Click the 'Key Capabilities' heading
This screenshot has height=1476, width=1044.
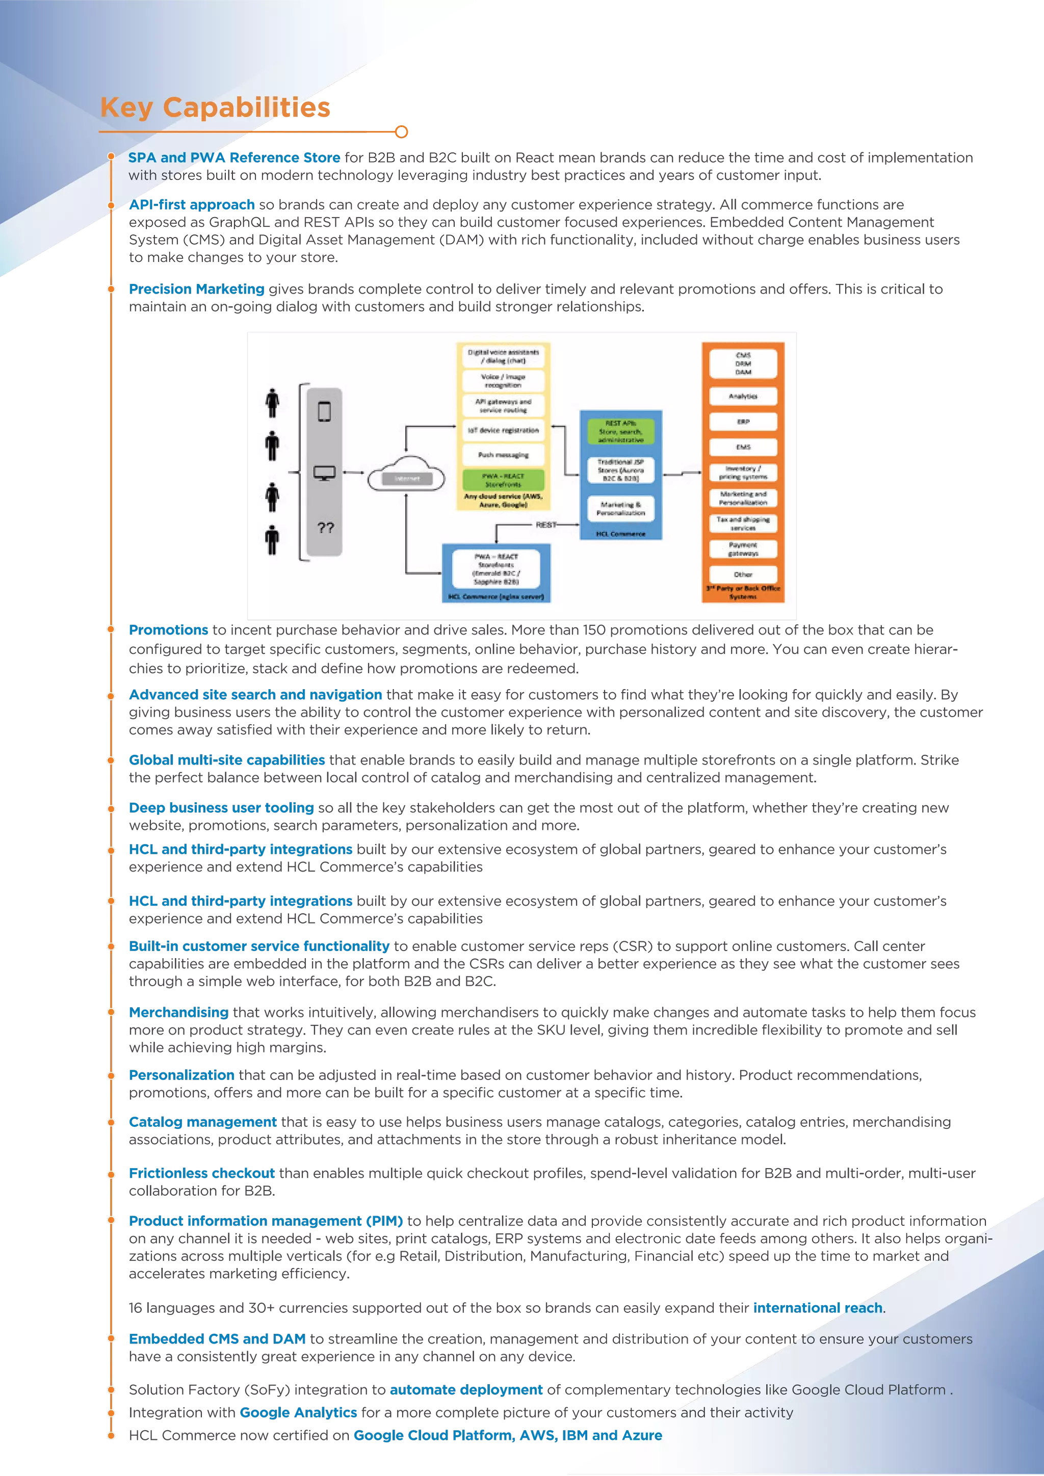[x=215, y=108]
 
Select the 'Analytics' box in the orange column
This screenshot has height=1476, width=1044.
[x=743, y=396]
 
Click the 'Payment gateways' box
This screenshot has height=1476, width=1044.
[x=743, y=549]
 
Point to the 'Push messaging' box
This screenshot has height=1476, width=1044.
[x=503, y=455]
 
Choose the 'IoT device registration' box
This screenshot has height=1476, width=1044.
[x=503, y=430]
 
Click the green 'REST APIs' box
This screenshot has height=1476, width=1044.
[x=620, y=431]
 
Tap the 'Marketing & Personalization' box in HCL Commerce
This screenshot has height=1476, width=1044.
[x=620, y=509]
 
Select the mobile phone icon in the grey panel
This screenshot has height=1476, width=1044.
[x=325, y=411]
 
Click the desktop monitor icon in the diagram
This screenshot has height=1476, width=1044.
[x=325, y=473]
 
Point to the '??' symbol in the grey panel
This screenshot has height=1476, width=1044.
[x=325, y=528]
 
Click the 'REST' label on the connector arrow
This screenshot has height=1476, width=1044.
[x=546, y=524]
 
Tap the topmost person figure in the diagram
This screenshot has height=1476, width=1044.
[x=273, y=403]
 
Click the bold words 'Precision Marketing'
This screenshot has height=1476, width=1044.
[x=196, y=289]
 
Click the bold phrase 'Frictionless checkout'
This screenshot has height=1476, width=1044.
[x=202, y=1173]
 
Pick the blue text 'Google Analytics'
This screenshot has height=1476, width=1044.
[x=298, y=1412]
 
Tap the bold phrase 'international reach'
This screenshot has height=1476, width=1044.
[x=818, y=1308]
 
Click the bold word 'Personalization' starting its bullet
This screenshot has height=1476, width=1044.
[x=181, y=1075]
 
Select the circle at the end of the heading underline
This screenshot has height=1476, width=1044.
[x=401, y=132]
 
